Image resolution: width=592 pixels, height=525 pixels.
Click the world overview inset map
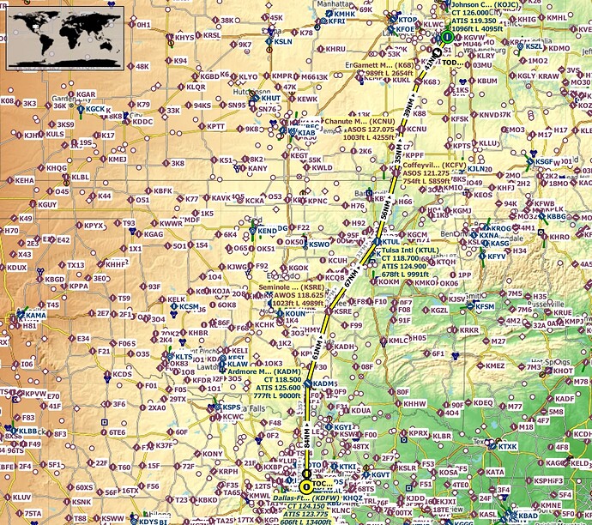click(64, 38)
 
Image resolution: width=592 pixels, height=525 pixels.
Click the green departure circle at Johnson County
click(446, 38)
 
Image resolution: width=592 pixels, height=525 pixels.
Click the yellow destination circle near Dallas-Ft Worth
click(306, 486)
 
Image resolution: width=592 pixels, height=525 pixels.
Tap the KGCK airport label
click(94, 109)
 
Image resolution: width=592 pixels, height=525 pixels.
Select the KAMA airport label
click(36, 316)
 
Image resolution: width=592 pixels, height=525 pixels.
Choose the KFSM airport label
click(486, 306)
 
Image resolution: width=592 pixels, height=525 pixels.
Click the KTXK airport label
click(508, 446)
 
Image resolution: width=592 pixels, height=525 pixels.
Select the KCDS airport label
click(122, 374)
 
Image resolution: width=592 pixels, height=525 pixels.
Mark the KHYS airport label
click(184, 38)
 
